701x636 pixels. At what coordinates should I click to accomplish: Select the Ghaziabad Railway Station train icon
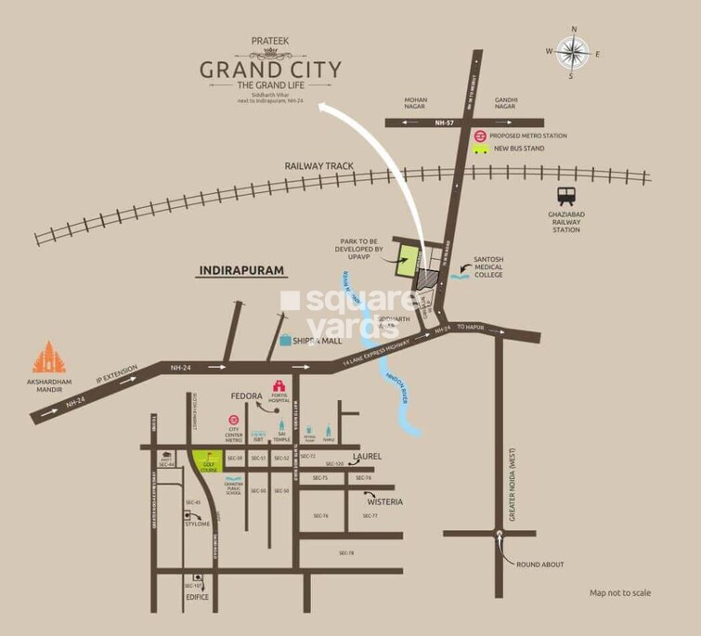click(565, 196)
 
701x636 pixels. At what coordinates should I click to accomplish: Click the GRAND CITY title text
click(271, 70)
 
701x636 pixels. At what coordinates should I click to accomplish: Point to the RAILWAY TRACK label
click(320, 166)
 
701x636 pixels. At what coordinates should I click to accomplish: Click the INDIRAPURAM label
click(240, 272)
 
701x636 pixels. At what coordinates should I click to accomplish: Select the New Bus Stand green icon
click(480, 149)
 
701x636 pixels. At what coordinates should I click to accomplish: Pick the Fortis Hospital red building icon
click(276, 386)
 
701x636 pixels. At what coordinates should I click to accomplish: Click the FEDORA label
click(247, 396)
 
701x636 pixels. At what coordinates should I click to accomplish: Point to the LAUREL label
click(367, 457)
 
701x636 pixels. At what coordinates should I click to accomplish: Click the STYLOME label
click(197, 524)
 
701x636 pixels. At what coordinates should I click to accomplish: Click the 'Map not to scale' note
click(620, 592)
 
